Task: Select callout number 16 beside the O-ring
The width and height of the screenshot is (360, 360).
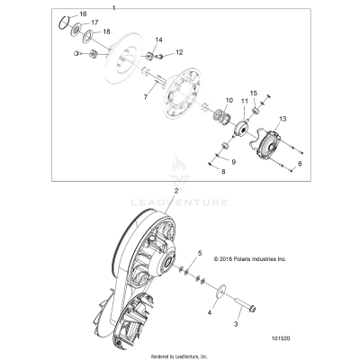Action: tap(83, 16)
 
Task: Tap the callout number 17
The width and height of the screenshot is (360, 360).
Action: tap(95, 23)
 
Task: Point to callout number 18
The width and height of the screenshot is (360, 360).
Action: tap(109, 31)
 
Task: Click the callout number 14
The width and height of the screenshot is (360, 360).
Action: tap(159, 41)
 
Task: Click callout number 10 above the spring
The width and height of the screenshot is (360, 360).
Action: tap(229, 99)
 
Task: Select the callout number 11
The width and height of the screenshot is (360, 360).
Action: tap(245, 102)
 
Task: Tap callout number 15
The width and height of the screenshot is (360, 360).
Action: tap(254, 93)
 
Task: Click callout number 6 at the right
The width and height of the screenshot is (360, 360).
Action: tap(300, 166)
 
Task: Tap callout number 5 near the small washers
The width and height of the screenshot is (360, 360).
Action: tap(200, 255)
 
